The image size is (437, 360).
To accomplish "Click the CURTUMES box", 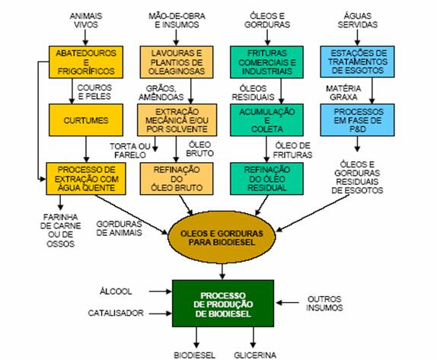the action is click(x=86, y=120).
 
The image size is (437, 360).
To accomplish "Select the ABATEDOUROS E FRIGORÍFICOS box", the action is click(x=86, y=62).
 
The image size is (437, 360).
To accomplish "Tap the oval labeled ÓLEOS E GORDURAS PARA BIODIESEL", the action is click(x=222, y=237).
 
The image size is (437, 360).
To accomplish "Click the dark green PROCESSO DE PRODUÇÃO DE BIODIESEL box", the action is click(x=223, y=304).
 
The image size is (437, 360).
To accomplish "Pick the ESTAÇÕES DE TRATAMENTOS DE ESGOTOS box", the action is click(x=357, y=62).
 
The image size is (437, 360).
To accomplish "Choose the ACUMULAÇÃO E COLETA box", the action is click(x=266, y=120).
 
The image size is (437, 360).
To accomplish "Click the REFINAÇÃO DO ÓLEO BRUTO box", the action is click(x=177, y=179).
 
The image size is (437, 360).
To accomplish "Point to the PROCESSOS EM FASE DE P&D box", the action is click(x=357, y=120).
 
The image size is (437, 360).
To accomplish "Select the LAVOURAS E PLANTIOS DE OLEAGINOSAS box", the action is click(x=177, y=62).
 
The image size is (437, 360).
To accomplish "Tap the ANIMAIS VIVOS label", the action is click(x=86, y=20).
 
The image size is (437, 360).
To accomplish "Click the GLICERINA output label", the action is click(x=255, y=355).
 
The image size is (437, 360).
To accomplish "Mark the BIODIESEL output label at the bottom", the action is click(x=195, y=355).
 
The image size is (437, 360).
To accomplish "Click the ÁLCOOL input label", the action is click(x=116, y=292).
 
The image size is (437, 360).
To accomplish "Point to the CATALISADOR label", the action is click(x=116, y=313).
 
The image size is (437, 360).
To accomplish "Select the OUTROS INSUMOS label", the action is click(x=324, y=303).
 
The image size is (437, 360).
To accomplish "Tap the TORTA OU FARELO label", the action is click(x=130, y=151).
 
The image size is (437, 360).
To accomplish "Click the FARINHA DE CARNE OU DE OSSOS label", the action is click(x=60, y=230).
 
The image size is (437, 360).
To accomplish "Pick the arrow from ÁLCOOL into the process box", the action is click(x=160, y=292).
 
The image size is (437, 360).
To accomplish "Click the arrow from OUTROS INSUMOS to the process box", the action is click(x=287, y=303).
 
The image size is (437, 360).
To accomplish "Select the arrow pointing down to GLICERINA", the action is click(x=253, y=337).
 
